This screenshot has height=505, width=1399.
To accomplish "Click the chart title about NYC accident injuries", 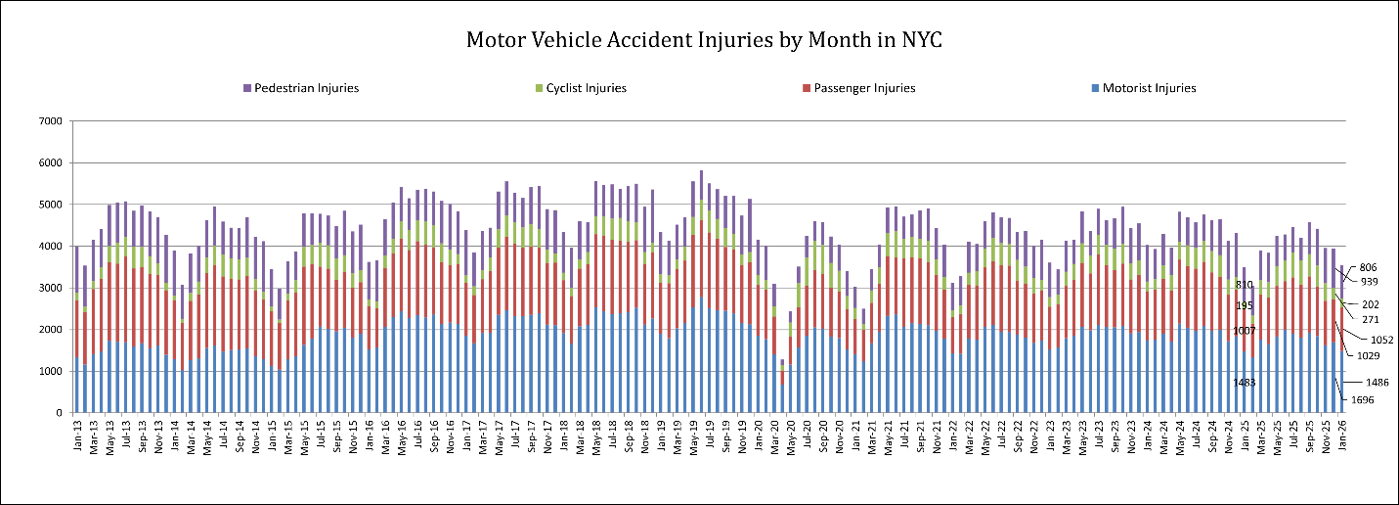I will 704,40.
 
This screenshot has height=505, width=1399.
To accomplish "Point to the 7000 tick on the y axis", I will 49,121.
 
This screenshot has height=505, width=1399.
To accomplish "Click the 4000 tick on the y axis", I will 49,247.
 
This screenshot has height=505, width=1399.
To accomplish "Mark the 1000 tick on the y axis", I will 49,371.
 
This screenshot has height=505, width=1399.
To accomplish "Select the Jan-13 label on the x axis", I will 77,436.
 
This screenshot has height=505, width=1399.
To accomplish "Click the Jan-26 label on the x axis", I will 1341,436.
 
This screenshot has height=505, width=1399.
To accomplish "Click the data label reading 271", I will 1373,319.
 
